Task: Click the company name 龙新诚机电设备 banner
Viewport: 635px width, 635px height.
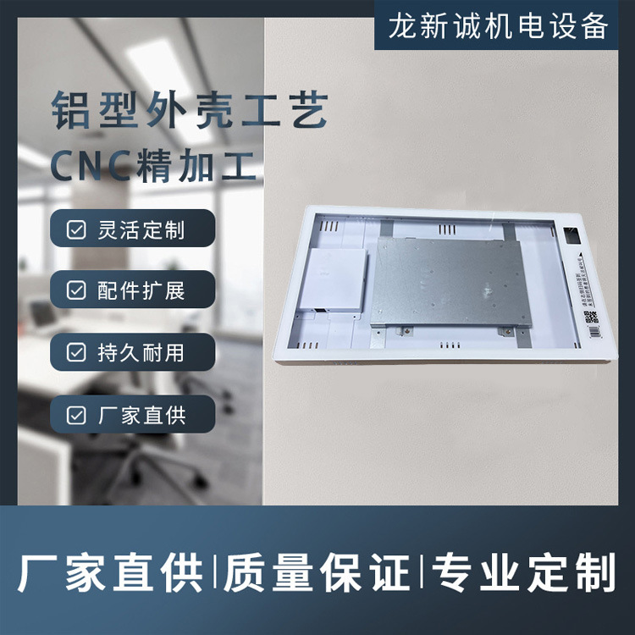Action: [499, 26]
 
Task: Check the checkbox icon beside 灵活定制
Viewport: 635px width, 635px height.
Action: [76, 229]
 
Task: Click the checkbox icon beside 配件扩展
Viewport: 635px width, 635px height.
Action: [76, 291]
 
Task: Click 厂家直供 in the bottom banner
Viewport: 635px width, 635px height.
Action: [110, 573]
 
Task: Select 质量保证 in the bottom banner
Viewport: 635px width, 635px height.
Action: [317, 573]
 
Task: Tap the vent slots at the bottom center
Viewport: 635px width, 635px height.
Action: [451, 345]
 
